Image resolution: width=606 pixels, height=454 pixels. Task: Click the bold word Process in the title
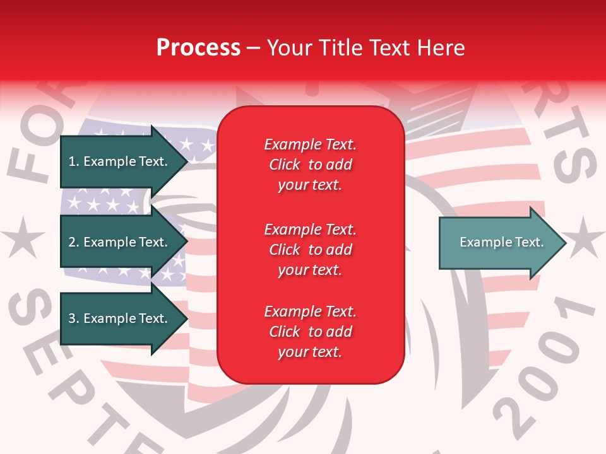198,47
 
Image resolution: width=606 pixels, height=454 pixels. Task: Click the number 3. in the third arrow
74,318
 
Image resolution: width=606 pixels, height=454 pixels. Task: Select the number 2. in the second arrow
74,242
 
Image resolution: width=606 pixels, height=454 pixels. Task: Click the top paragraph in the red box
310,165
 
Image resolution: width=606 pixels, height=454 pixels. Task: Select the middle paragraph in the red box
310,250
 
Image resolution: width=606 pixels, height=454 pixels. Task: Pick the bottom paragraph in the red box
310,332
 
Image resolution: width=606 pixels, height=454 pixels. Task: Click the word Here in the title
442,47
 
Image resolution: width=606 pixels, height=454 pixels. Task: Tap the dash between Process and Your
253,49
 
